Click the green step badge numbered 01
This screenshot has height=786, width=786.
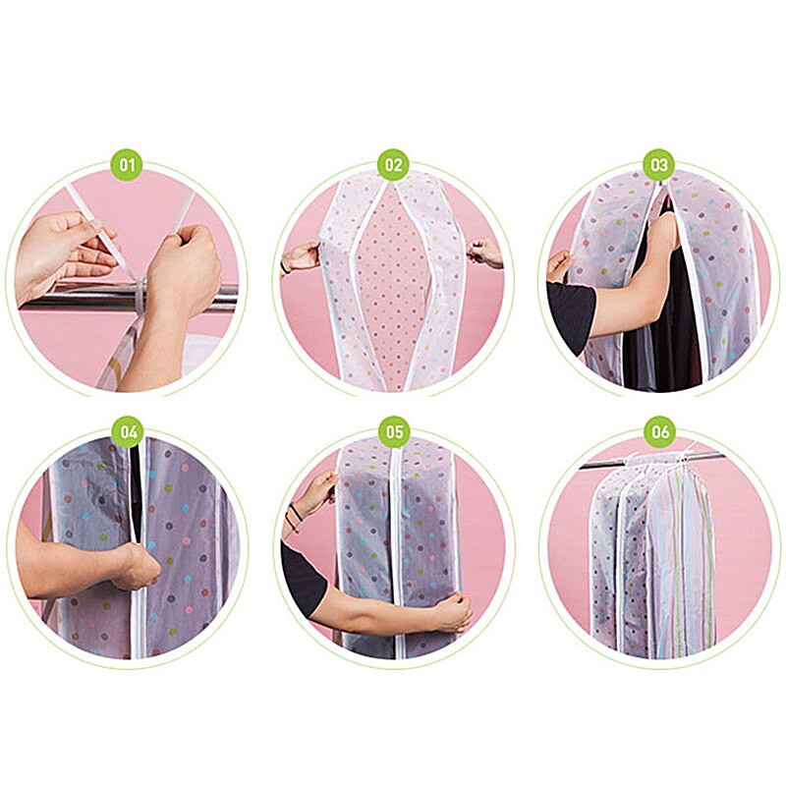[x=128, y=164]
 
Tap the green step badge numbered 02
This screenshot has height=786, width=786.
[x=394, y=164]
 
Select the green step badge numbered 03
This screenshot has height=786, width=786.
[x=659, y=164]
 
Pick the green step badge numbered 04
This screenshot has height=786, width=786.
[x=128, y=431]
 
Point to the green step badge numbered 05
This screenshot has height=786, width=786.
[x=394, y=431]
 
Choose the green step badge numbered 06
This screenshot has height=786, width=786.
[x=660, y=431]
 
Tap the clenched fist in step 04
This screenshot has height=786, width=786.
[x=137, y=566]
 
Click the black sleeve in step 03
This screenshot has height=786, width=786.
[x=571, y=309]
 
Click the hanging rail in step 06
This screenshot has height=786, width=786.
[x=652, y=460]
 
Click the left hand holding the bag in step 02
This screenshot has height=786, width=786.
[x=302, y=256]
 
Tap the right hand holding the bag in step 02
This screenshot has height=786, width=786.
[x=484, y=253]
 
